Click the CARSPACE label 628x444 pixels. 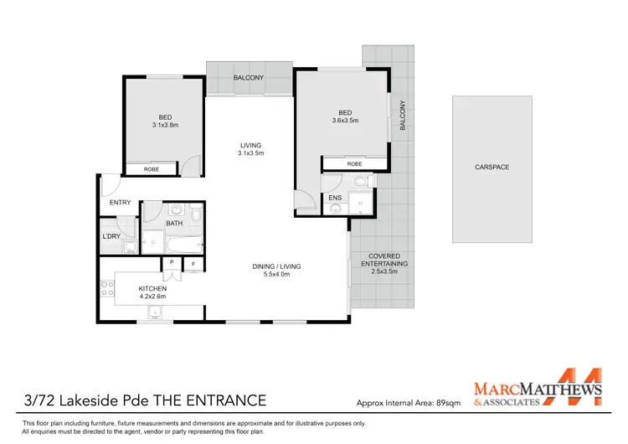[492, 168]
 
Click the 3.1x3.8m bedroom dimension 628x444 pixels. [166, 126]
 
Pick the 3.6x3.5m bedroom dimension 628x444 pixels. [343, 121]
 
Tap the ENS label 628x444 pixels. [334, 199]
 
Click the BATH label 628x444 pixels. [174, 224]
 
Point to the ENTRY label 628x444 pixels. [120, 202]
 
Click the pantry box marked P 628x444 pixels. [171, 263]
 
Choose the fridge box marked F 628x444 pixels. [193, 264]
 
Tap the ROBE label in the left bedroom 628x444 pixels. [152, 169]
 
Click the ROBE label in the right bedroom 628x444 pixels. [354, 164]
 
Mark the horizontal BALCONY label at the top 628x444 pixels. [249, 78]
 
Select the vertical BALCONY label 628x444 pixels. [403, 115]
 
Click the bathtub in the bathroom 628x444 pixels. [182, 245]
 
